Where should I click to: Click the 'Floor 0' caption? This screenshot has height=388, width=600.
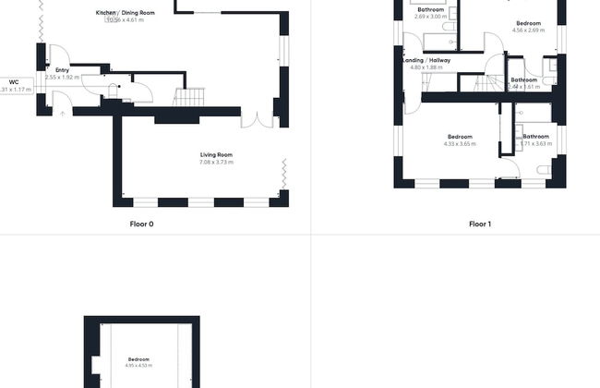click(141, 224)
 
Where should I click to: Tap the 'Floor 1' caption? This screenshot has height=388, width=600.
click(478, 224)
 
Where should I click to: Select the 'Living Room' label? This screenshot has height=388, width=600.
click(216, 154)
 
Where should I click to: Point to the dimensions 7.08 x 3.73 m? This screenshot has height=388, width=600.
click(216, 163)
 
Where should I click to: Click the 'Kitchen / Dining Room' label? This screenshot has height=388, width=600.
click(125, 12)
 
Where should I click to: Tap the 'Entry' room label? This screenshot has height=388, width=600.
click(62, 70)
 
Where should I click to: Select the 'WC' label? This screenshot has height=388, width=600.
click(14, 82)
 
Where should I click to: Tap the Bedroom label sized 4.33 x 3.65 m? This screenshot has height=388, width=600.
click(459, 137)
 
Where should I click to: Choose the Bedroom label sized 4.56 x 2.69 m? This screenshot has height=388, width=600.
click(528, 23)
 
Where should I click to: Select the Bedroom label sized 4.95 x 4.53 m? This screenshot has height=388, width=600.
click(138, 358)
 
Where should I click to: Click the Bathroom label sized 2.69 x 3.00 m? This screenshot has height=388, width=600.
click(430, 9)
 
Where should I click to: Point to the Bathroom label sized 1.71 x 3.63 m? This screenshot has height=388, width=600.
click(535, 137)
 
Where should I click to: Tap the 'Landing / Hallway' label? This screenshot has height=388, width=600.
click(426, 60)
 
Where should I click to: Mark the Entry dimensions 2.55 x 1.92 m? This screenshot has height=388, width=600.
click(62, 78)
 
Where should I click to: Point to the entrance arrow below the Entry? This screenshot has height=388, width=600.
click(62, 113)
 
